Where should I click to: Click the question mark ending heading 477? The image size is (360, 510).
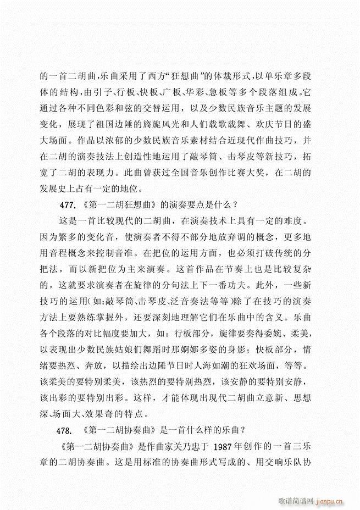click(x=234, y=206)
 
